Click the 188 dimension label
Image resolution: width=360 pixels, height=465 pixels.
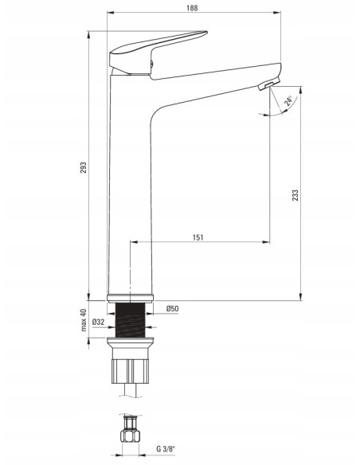192,8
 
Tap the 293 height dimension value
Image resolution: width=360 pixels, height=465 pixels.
84,167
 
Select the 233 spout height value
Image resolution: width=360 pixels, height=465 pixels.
295,195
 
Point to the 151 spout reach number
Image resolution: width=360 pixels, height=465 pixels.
198,237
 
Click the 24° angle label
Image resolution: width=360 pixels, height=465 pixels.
288,101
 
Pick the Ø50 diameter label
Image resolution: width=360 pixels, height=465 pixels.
172,309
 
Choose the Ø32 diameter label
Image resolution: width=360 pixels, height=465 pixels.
98,322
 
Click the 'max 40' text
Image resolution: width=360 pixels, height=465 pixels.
84,320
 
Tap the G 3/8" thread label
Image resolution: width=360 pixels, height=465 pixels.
166,449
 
